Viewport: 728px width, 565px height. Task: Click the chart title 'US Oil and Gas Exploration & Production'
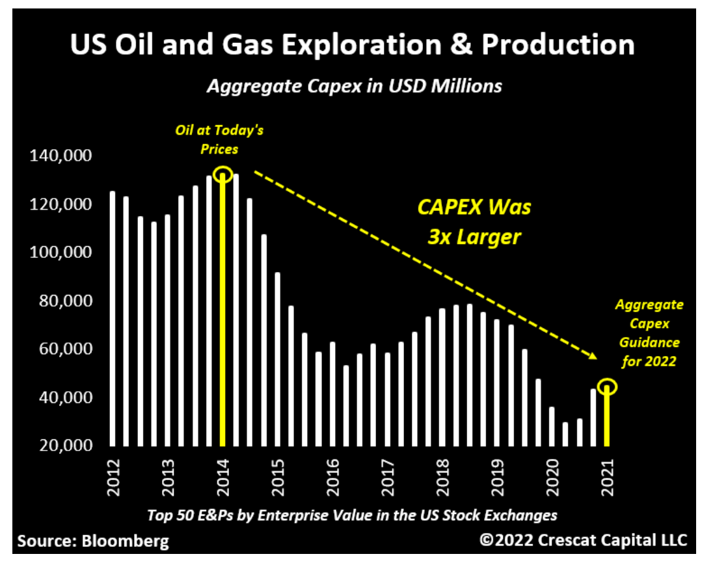(x=352, y=45)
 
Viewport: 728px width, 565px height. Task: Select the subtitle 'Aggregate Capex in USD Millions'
(x=354, y=85)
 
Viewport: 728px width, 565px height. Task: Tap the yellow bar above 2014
(x=223, y=312)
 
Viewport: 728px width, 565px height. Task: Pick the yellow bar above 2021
(x=606, y=417)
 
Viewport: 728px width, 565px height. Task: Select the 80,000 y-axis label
(x=60, y=301)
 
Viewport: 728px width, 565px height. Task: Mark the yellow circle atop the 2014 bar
(x=223, y=174)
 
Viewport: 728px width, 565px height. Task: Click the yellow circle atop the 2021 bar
(x=606, y=387)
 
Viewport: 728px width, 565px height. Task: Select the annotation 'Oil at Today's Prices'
(x=219, y=139)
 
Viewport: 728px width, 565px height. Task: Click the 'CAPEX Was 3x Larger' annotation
(x=474, y=221)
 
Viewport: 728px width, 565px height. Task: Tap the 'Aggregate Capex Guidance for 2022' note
(x=649, y=333)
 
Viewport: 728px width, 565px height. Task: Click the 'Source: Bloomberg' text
(x=93, y=541)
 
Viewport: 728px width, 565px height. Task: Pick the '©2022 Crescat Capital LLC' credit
(x=583, y=540)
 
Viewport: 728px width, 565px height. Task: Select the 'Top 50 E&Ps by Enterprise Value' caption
(x=352, y=515)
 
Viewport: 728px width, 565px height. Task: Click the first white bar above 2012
(x=113, y=318)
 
